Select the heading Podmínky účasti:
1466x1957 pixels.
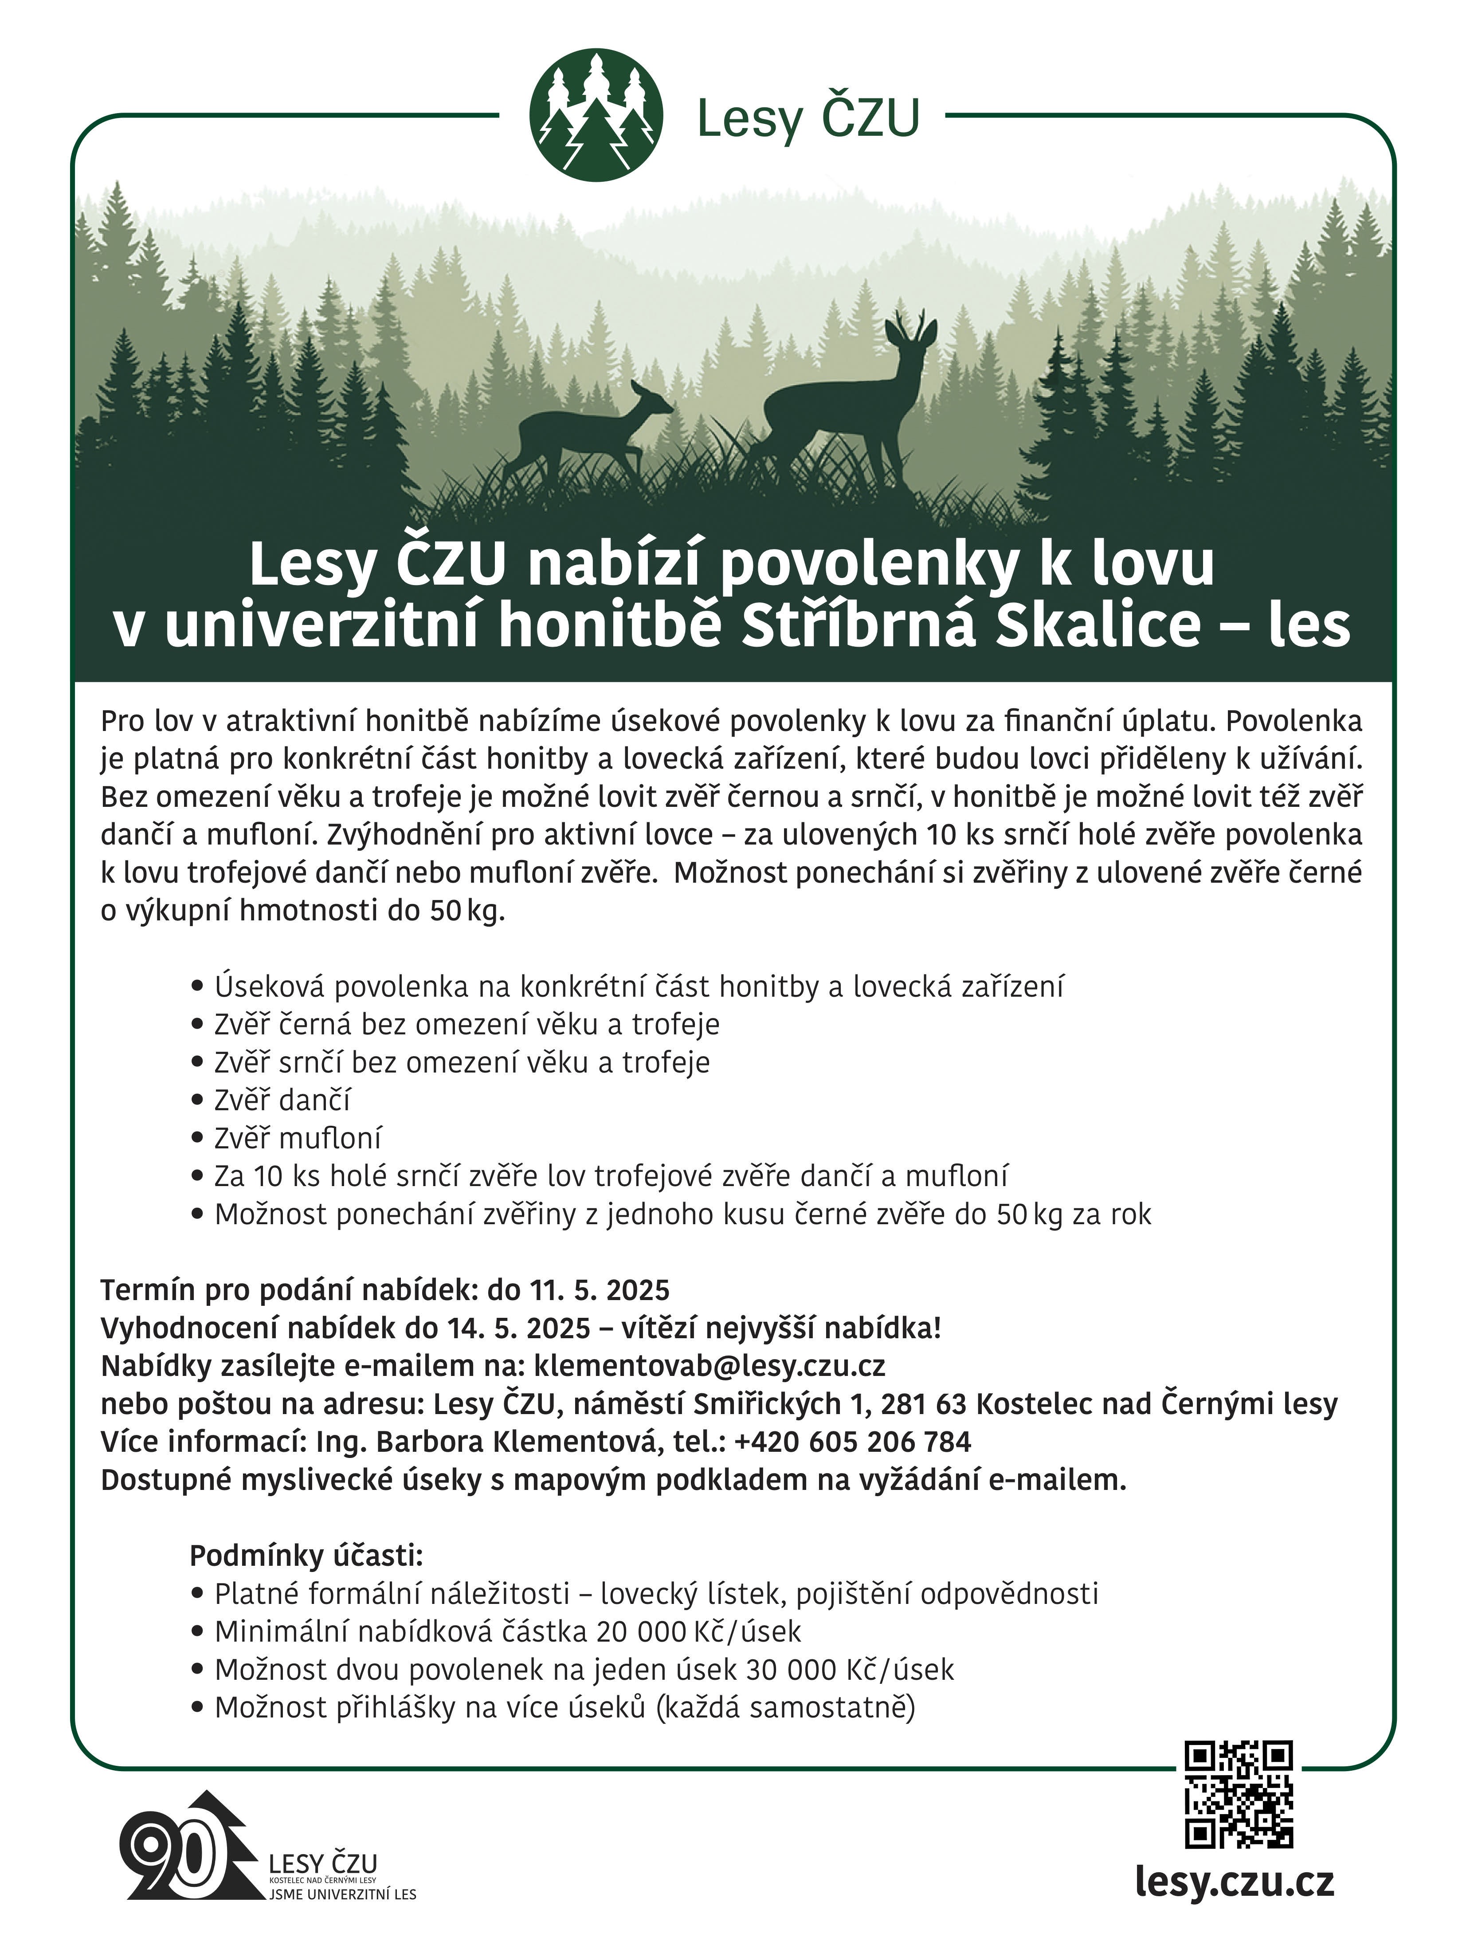pos(306,1554)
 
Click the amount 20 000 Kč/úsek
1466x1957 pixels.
pos(699,1631)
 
